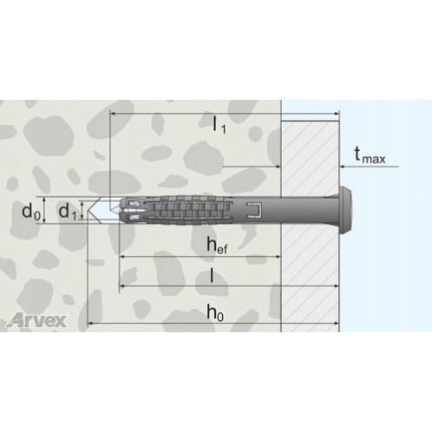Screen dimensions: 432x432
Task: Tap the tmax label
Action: [370, 154]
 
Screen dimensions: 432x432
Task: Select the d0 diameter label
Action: [31, 210]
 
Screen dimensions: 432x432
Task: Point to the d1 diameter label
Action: [68, 211]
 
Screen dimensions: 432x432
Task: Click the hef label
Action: [217, 245]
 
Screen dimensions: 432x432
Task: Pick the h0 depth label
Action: [215, 312]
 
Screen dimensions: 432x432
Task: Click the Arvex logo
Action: [37, 320]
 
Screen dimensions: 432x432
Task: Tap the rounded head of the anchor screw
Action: [346, 209]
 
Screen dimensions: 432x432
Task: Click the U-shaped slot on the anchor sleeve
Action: [254, 210]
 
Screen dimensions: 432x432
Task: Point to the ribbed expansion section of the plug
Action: [188, 210]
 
